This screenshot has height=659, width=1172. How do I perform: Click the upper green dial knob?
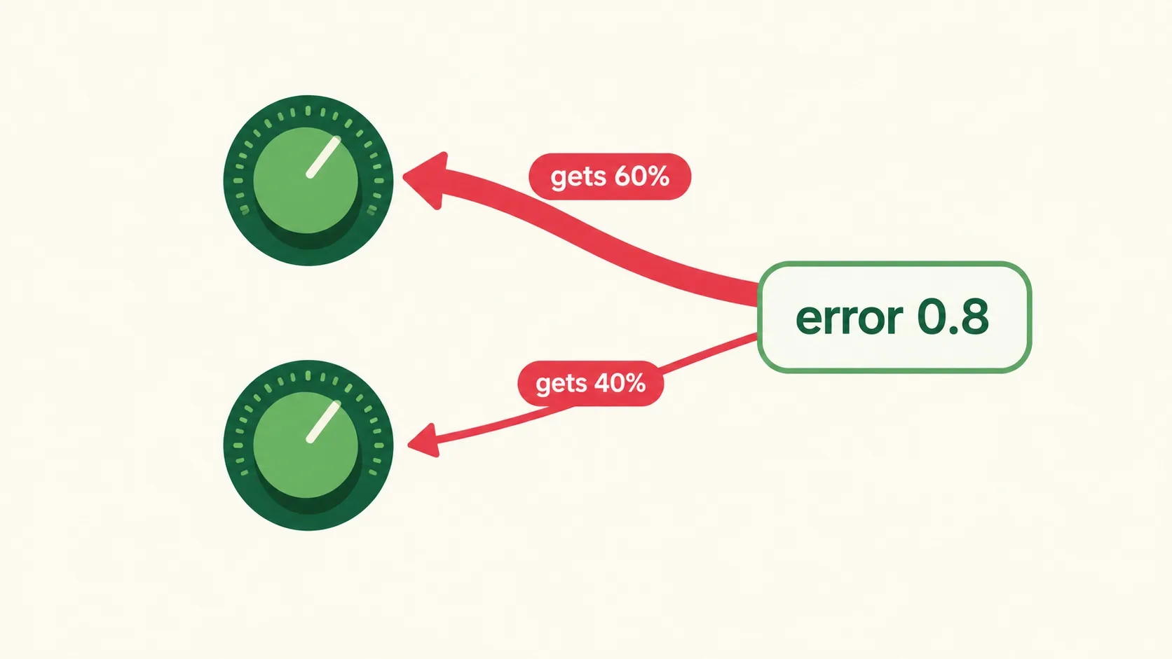308,180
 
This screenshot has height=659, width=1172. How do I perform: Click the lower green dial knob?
308,445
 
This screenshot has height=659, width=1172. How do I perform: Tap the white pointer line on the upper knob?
323,158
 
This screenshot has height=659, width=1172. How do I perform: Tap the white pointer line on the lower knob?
323,422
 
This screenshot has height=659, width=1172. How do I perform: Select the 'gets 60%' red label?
610,176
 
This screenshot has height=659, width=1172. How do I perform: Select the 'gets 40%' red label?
591,384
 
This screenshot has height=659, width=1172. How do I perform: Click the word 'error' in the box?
849,318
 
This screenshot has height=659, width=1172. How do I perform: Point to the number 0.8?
953,317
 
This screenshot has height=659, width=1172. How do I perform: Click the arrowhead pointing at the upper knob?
425,180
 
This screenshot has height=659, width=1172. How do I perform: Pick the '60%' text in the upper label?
642,176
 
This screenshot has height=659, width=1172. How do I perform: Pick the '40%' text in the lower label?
620,383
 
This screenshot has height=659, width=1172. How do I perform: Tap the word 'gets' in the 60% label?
579,178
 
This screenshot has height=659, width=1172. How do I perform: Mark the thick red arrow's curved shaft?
591,235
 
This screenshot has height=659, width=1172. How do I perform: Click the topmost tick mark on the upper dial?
308,111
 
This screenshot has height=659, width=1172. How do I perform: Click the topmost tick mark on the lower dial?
308,376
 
